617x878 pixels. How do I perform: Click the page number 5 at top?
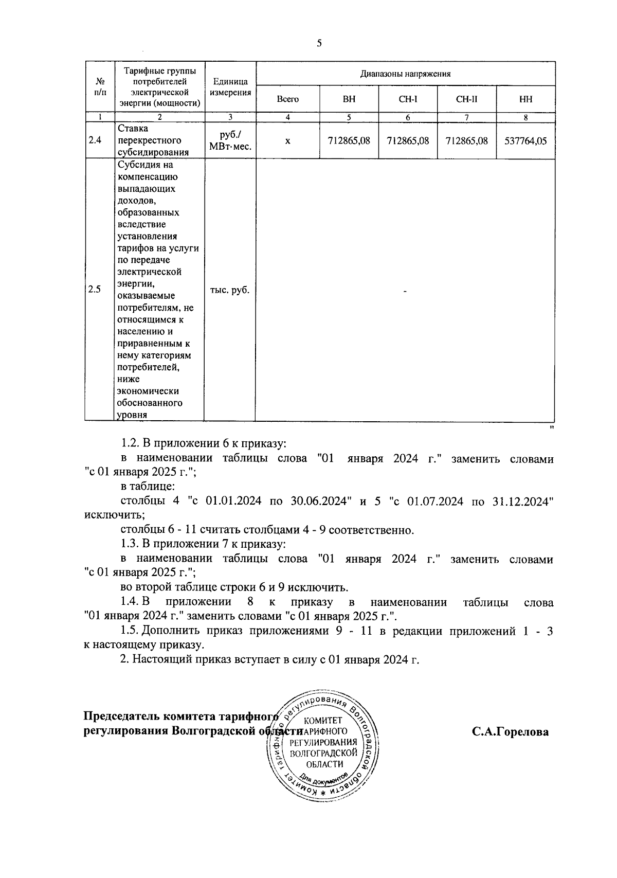(x=319, y=44)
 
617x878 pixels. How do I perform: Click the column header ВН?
(x=349, y=99)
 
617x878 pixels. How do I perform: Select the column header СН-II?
(x=466, y=99)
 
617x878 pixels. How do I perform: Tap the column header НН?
(x=525, y=99)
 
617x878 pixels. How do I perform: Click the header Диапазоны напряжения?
(x=405, y=74)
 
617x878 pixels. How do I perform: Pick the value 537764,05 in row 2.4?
(x=525, y=140)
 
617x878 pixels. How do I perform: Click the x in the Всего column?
(x=287, y=140)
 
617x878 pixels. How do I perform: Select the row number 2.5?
(x=95, y=289)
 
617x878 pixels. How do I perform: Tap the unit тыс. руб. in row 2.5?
(x=230, y=290)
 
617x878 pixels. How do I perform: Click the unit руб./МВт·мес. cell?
(x=230, y=140)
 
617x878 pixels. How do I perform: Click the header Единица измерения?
(x=230, y=87)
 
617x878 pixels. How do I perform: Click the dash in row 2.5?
(x=405, y=292)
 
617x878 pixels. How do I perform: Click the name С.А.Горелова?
(x=510, y=731)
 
